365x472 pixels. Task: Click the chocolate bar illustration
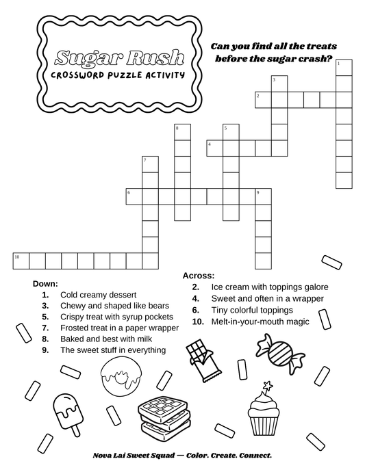(203, 360)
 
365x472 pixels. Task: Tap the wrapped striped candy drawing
(281, 354)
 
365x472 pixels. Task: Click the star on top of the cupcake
(267, 386)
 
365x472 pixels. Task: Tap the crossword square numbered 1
(344, 68)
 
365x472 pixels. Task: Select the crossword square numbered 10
(21, 261)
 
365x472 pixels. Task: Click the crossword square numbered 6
(134, 196)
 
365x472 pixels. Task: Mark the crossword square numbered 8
(183, 132)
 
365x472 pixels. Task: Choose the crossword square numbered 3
(279, 83)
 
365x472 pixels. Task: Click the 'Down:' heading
(45, 284)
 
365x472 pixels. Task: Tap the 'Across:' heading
(199, 276)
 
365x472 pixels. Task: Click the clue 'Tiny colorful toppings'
(252, 310)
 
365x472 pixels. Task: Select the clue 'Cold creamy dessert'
(98, 295)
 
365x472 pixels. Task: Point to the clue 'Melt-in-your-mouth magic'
(260, 322)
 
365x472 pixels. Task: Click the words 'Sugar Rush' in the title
(120, 57)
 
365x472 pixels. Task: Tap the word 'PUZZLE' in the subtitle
(125, 75)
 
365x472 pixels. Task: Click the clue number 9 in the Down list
(45, 350)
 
